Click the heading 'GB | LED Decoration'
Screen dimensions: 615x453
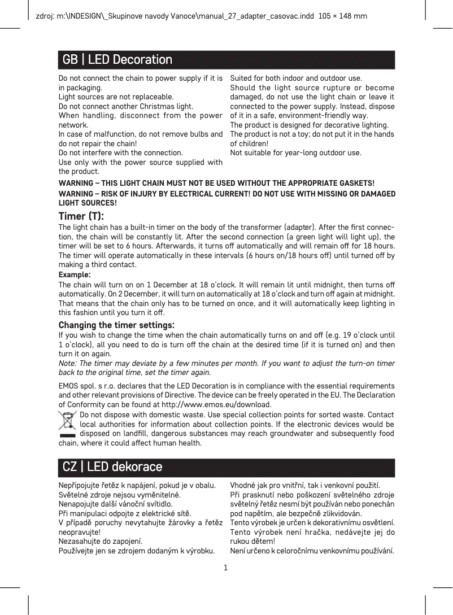point(117,60)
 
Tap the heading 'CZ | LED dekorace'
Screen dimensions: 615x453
point(112,467)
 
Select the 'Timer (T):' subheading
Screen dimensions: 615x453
point(81,216)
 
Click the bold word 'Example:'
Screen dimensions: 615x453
point(75,274)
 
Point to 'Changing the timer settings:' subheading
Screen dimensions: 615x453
point(116,325)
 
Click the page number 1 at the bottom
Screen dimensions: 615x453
point(226,567)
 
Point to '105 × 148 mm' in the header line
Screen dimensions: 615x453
point(343,16)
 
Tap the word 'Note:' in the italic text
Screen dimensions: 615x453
point(69,363)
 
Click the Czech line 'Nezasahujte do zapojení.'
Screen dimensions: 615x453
point(101,541)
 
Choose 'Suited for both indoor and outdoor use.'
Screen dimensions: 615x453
point(297,78)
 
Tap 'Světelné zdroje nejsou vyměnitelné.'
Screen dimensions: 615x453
point(119,495)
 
